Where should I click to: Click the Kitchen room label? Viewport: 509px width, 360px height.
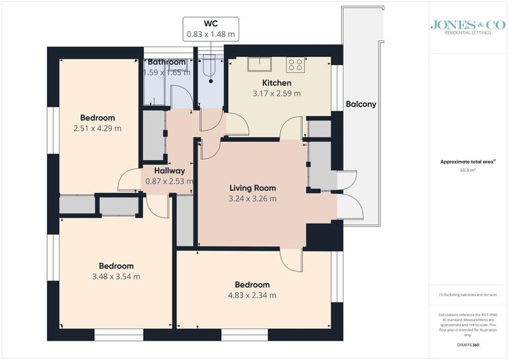[x=276, y=83]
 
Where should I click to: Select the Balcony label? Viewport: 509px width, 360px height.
[x=361, y=104]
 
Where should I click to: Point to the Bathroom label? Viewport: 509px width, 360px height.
[x=167, y=62]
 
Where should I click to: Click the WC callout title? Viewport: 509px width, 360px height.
[x=211, y=23]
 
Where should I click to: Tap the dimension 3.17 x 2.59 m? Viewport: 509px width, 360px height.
[x=276, y=93]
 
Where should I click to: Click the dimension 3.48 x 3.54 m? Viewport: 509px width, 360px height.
[x=116, y=276]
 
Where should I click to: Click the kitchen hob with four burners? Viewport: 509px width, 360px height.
[x=295, y=65]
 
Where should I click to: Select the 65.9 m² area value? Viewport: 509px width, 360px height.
[x=469, y=170]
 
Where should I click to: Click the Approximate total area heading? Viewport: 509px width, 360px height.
[x=468, y=161]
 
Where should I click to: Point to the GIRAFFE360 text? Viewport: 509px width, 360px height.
[x=469, y=345]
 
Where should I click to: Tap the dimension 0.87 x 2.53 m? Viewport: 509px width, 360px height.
[x=169, y=181]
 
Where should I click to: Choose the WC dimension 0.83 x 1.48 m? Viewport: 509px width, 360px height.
[x=211, y=34]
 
